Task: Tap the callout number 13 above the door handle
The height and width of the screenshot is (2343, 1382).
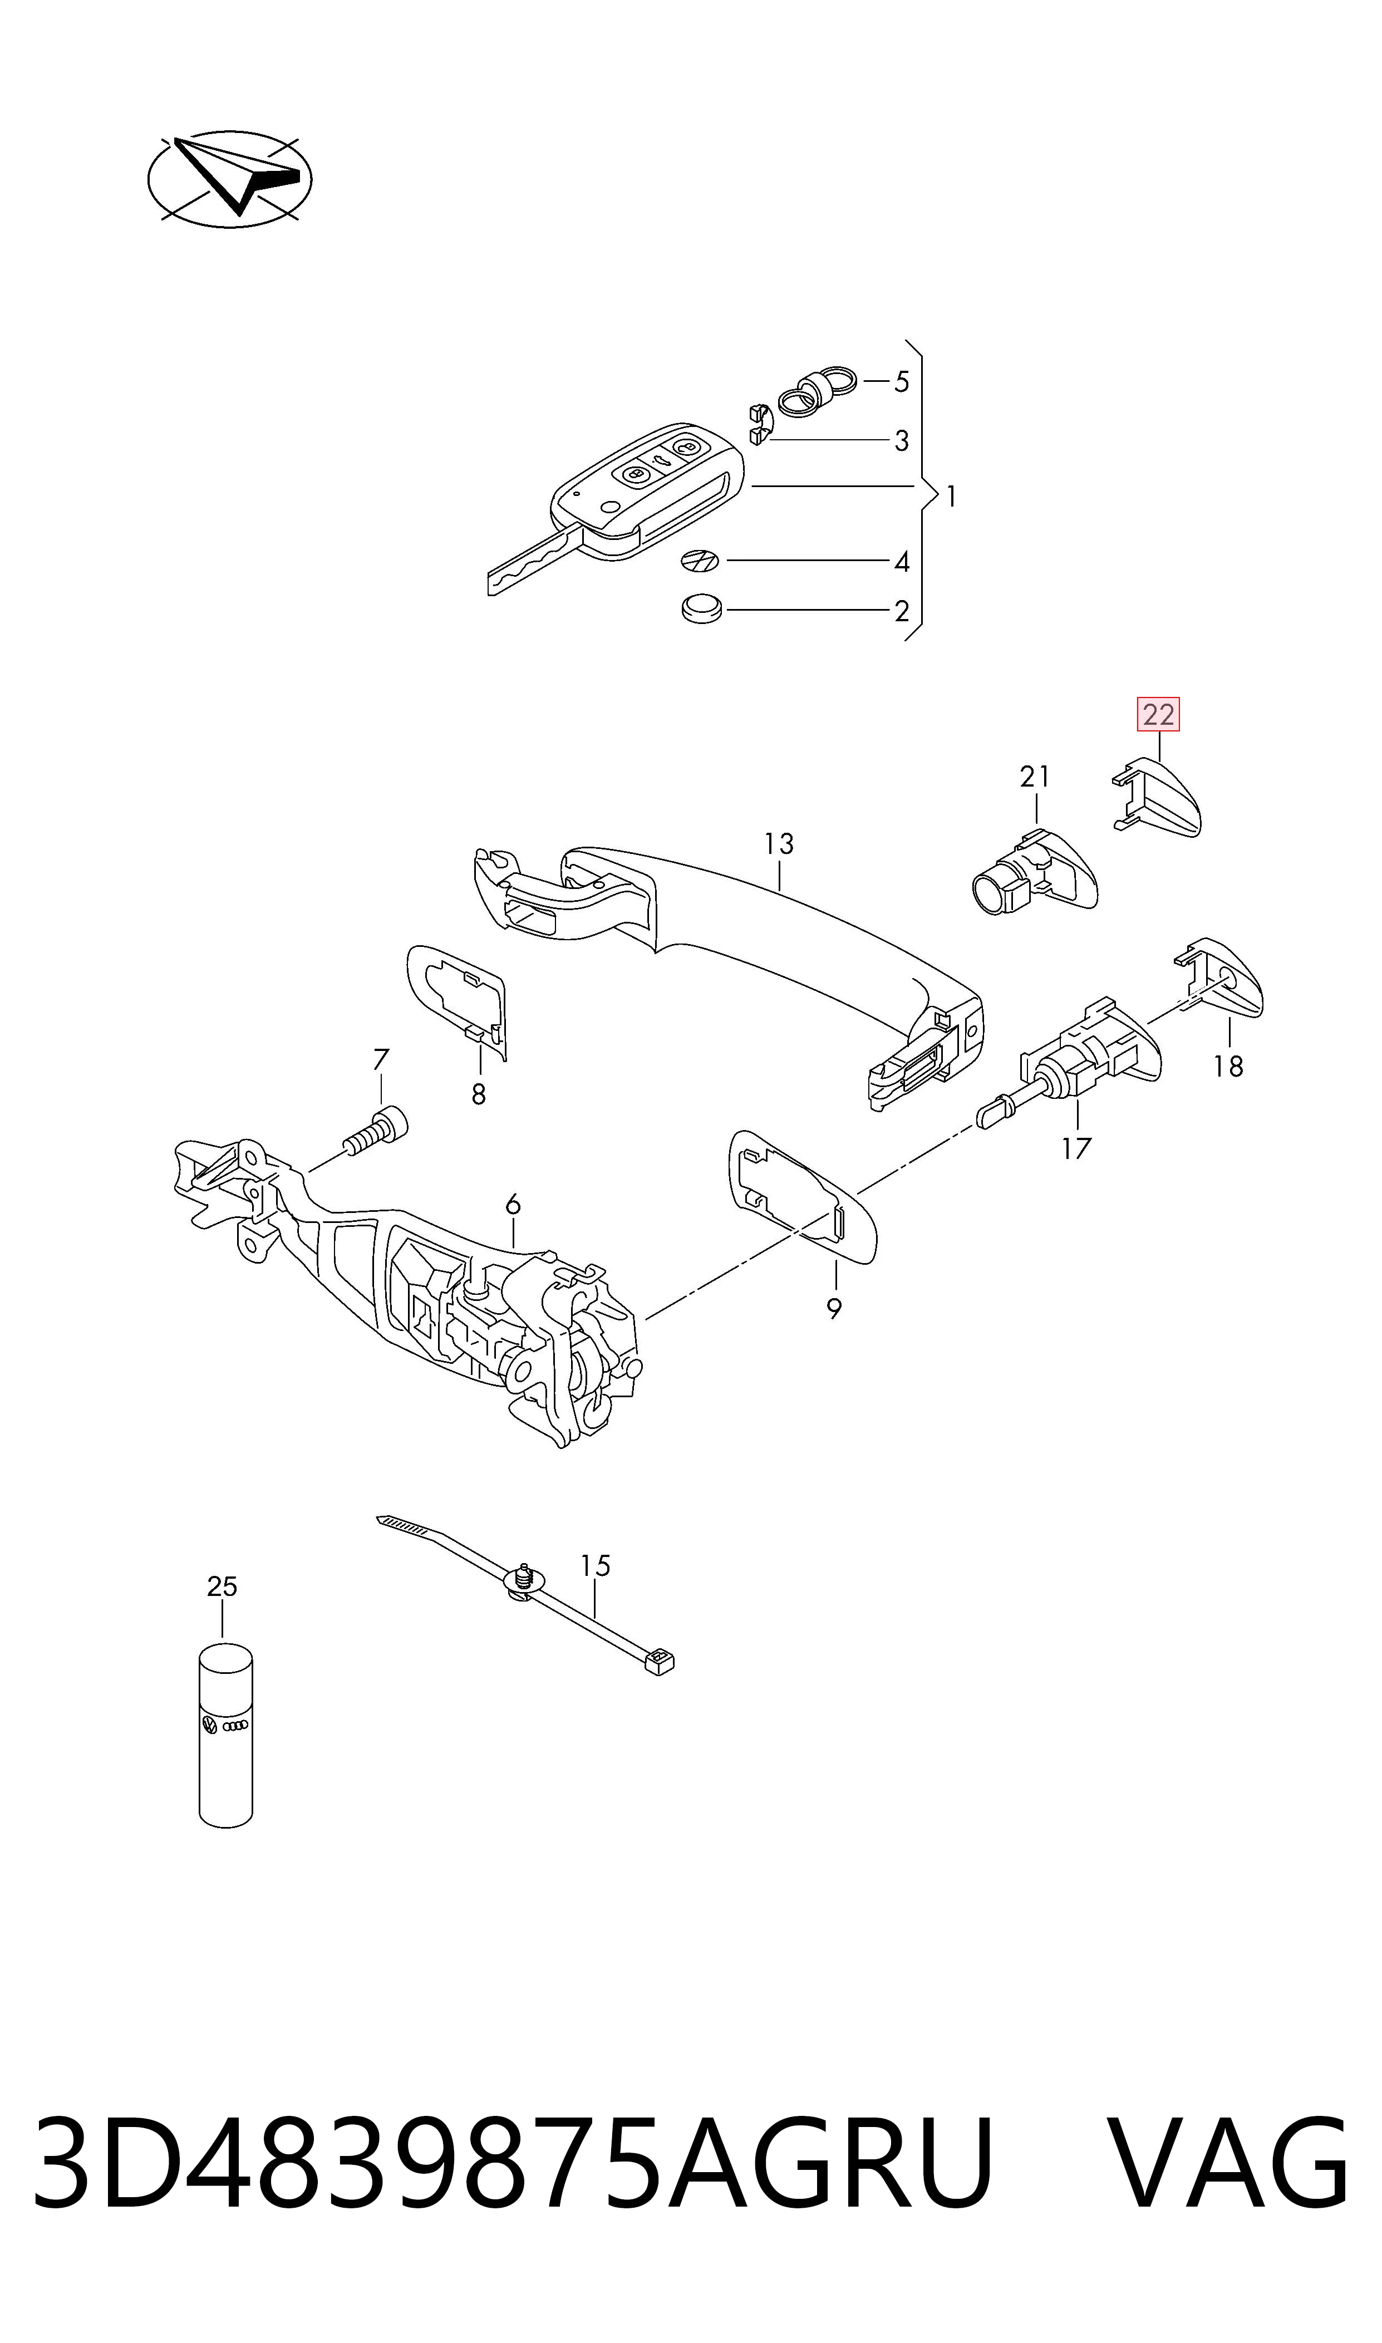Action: [x=779, y=844]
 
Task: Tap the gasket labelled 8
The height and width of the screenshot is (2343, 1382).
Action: [x=458, y=1001]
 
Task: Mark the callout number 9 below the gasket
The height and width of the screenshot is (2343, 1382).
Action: [x=833, y=1308]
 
